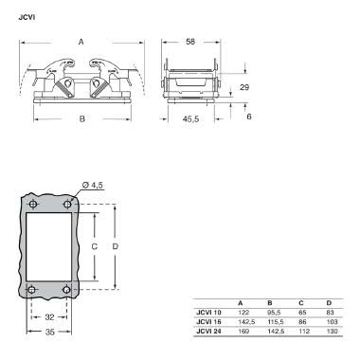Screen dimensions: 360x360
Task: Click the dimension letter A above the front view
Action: [81, 41]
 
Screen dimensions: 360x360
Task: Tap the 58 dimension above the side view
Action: [190, 43]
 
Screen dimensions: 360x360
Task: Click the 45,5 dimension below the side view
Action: [191, 120]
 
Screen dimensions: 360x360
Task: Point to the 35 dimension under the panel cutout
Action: [49, 333]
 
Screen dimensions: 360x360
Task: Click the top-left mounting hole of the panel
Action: [32, 205]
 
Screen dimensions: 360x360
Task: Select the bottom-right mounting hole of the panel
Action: [67, 289]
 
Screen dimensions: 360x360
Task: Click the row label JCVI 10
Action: [208, 312]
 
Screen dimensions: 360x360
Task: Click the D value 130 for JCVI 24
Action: [331, 330]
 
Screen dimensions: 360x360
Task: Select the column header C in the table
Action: [301, 302]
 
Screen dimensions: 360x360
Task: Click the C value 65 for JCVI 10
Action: [301, 312]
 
